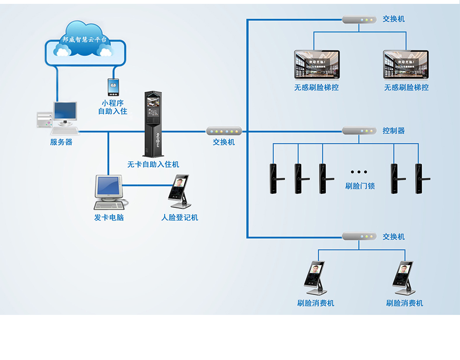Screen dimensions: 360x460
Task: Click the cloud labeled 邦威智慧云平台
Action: [x=85, y=39]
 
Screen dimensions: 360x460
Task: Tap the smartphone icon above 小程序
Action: [x=113, y=87]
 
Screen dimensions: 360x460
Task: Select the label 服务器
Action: [x=61, y=142]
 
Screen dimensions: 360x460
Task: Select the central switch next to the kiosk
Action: [x=224, y=131]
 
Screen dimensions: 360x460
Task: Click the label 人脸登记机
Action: [x=180, y=218]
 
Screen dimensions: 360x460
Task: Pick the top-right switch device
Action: [x=359, y=20]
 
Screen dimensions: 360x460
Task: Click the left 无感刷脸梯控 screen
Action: [x=317, y=65]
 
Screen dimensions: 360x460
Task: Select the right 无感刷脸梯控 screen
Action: [x=406, y=65]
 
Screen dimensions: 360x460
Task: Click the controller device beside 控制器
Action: [x=359, y=131]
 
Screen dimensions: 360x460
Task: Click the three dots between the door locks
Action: [x=359, y=172]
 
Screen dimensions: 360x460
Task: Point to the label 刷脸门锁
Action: [x=359, y=186]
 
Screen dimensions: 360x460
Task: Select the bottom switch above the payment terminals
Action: [x=359, y=236]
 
